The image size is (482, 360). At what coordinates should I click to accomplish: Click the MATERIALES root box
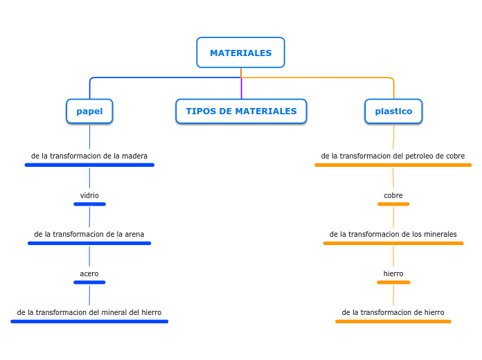point(240,53)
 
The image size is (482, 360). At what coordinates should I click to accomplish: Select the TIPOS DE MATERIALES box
point(241,111)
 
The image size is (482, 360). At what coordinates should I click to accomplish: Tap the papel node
point(89,111)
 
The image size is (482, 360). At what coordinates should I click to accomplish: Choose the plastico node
point(393,111)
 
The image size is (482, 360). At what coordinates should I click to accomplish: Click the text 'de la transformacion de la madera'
point(89,156)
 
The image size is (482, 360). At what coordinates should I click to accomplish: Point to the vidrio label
point(89,195)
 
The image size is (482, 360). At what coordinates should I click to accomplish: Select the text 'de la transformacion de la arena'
point(89,234)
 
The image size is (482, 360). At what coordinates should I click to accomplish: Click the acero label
point(89,273)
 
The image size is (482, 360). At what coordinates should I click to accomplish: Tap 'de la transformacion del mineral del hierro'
point(89,312)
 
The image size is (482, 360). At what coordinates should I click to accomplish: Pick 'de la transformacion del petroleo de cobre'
point(393,156)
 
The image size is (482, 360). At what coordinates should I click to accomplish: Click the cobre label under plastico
point(393,195)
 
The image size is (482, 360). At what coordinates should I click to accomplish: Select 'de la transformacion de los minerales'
point(393,234)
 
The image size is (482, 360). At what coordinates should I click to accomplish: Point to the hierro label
point(393,273)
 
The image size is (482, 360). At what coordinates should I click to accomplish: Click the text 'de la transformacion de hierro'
point(393,312)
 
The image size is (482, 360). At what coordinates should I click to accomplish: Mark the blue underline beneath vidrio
point(89,204)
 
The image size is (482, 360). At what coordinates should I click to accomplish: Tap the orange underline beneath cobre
point(393,204)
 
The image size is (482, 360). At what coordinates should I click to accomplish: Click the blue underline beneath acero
point(89,282)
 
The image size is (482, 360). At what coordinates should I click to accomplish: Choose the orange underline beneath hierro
point(393,282)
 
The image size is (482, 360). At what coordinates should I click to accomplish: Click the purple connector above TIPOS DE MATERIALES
point(242,89)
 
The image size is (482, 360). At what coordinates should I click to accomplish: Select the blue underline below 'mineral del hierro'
point(89,321)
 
